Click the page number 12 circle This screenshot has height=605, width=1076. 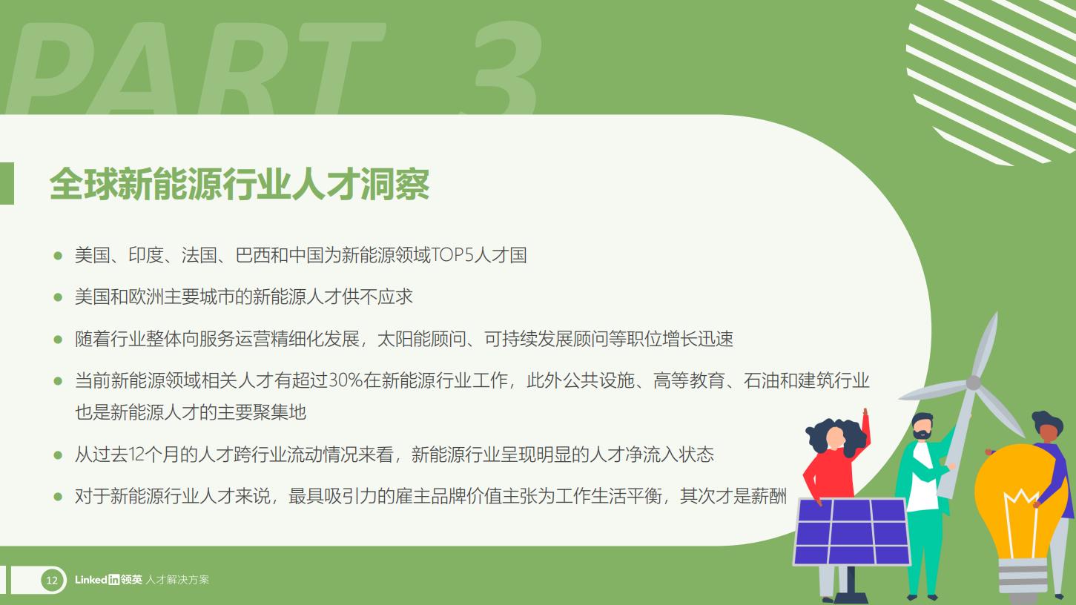coord(52,580)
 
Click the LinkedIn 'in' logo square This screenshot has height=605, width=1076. coord(113,580)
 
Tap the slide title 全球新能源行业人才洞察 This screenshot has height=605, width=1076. coord(240,184)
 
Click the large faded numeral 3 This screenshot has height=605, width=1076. coord(504,67)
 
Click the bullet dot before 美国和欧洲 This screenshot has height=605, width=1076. coord(58,297)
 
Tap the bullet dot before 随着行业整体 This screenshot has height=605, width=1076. coord(58,340)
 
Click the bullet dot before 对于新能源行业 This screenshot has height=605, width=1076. coord(58,496)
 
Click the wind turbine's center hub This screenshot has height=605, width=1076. coord(973,383)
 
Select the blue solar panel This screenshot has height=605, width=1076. coord(851,531)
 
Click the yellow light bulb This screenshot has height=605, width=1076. coord(1016,504)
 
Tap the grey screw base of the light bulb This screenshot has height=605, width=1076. coord(1023,578)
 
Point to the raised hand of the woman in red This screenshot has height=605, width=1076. coord(865,414)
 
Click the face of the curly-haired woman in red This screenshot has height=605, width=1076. coord(835,438)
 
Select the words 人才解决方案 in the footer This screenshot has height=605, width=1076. coord(177,580)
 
